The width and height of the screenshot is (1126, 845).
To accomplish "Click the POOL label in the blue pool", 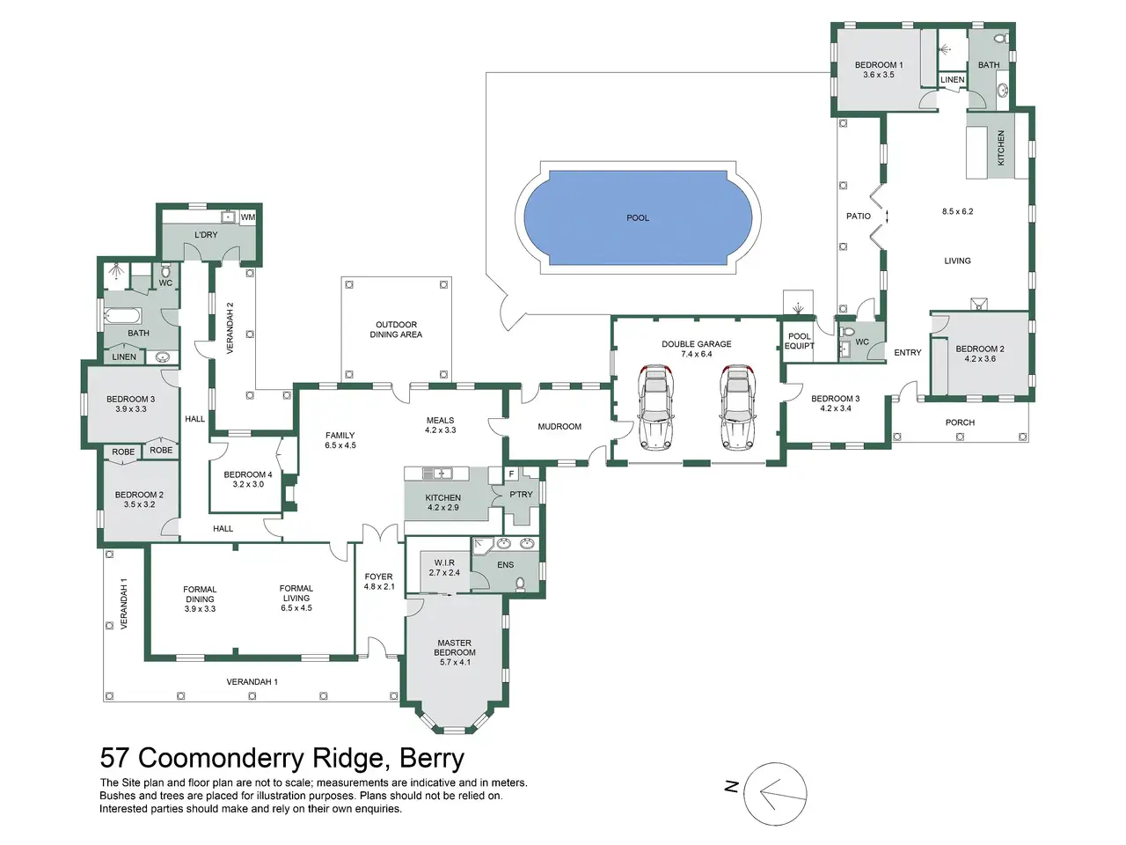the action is click(638, 218).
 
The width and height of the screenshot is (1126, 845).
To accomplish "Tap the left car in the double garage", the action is click(655, 408).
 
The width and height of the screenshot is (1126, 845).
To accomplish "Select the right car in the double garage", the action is click(736, 408).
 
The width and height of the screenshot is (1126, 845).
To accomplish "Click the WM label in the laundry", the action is click(248, 217).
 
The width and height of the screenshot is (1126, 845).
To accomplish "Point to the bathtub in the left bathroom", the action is click(122, 314).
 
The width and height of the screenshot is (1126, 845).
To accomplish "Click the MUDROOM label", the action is click(559, 426).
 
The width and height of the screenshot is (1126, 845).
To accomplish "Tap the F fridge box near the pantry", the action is click(511, 474).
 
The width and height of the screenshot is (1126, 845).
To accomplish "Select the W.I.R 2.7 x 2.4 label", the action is click(444, 568).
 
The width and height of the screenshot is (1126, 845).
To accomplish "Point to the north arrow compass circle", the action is click(775, 794).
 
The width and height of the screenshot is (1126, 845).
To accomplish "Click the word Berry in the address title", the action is click(432, 758).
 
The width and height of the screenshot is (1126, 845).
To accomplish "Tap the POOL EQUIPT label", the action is click(800, 342).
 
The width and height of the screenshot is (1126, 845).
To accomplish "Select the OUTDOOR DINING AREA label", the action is click(396, 329).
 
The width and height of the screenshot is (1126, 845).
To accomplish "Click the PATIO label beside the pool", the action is click(859, 216).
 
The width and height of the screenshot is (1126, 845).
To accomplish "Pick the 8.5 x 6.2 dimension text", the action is click(957, 211).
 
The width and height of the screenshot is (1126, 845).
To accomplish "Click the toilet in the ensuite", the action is click(520, 584).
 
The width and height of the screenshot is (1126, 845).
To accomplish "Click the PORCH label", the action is click(960, 422).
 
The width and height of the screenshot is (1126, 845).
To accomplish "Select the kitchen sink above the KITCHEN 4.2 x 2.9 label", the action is click(437, 473).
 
